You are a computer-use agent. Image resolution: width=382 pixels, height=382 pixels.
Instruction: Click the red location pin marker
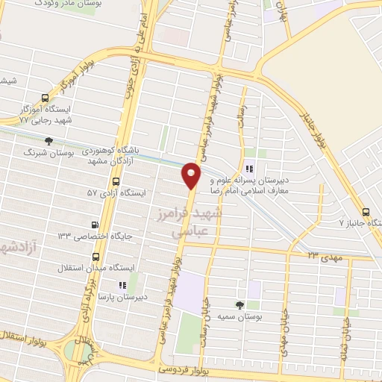coord(192,175)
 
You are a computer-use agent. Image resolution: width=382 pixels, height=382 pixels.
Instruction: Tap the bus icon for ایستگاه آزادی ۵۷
coord(116,181)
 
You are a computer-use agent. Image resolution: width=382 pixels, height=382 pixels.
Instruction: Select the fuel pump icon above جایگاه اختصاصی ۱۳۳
coord(94,225)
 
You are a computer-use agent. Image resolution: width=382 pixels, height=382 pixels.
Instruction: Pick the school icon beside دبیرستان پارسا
coord(122,285)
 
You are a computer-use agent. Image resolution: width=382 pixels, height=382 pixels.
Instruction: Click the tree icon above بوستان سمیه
coord(239,305)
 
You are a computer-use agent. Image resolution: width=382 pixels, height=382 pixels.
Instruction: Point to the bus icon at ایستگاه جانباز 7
coord(366,211)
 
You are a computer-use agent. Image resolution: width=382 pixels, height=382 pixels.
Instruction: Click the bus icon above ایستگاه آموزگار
coord(46,98)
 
